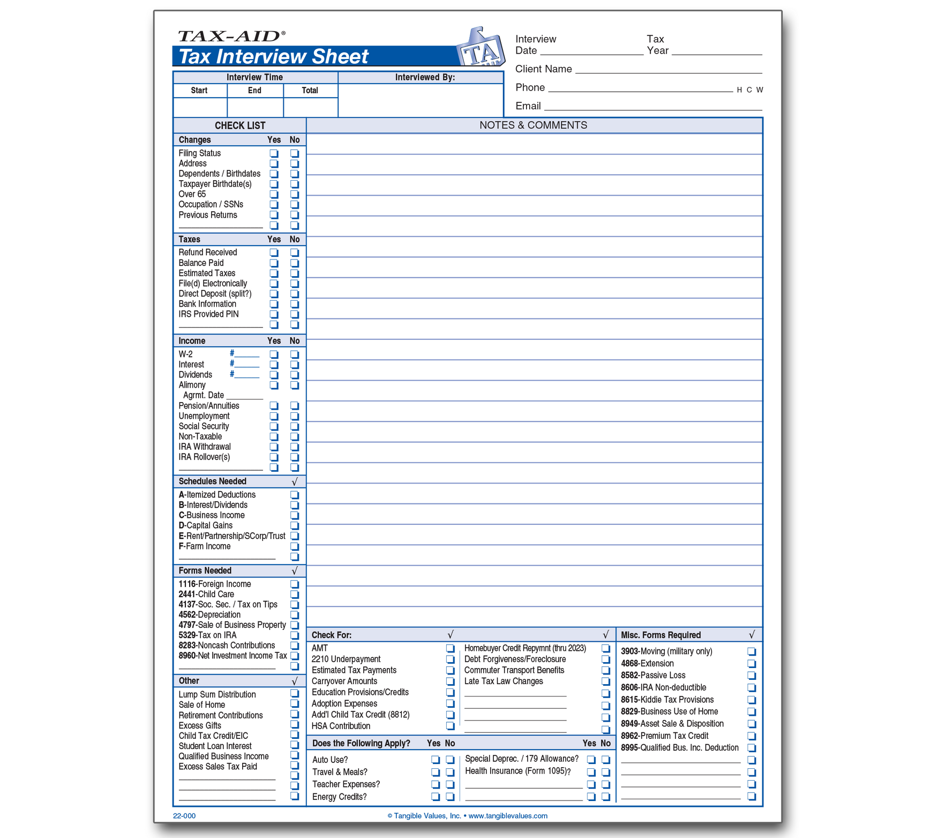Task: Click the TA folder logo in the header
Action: [480, 48]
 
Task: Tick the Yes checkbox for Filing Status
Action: [274, 153]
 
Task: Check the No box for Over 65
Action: [294, 195]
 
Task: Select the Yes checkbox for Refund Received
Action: [274, 253]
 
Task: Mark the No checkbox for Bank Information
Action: [294, 304]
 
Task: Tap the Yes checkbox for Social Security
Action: [274, 427]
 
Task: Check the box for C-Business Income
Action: [294, 516]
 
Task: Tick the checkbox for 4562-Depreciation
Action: [294, 615]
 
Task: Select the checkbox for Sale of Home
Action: [294, 704]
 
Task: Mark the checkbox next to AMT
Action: [450, 649]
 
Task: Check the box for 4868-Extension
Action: [752, 664]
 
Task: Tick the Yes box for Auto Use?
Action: [435, 760]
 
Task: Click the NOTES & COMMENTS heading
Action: [533, 125]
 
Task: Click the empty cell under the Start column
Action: [200, 107]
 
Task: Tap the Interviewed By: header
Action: [425, 77]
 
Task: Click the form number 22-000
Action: [184, 816]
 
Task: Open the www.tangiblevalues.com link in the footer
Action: [508, 816]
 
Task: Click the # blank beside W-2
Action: [247, 354]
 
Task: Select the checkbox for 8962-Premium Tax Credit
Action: [752, 736]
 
